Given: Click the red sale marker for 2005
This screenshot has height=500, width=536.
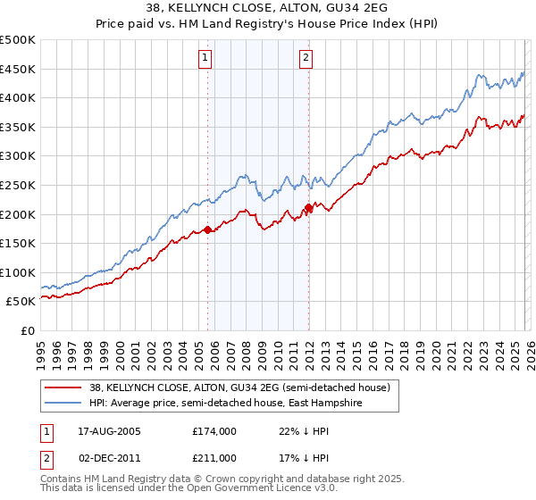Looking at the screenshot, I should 208,229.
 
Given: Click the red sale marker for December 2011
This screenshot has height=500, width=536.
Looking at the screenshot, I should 308,208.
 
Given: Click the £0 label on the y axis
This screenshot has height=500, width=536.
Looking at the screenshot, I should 29,330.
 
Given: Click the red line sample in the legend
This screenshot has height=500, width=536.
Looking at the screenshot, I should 63,388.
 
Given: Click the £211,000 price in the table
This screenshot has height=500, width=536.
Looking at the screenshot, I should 214,458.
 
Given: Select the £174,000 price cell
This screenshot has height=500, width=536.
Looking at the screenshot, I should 214,430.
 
